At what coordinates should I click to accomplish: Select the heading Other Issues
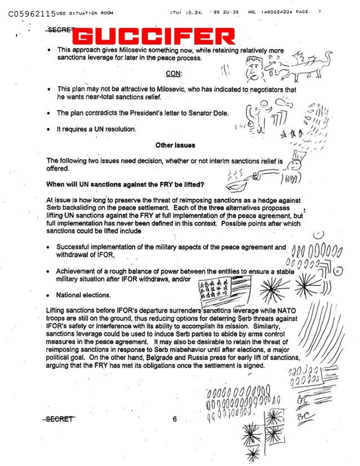pos(175,145)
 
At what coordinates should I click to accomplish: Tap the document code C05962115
pos(31,14)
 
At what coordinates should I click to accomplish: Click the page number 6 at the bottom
pos(175,419)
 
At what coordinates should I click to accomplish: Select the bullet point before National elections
pos(48,295)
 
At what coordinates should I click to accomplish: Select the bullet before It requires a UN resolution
pos(48,129)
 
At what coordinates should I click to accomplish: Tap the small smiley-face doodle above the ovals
pos(319,235)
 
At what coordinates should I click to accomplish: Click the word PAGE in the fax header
pos(302,12)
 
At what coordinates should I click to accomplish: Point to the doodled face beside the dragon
pos(254,68)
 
